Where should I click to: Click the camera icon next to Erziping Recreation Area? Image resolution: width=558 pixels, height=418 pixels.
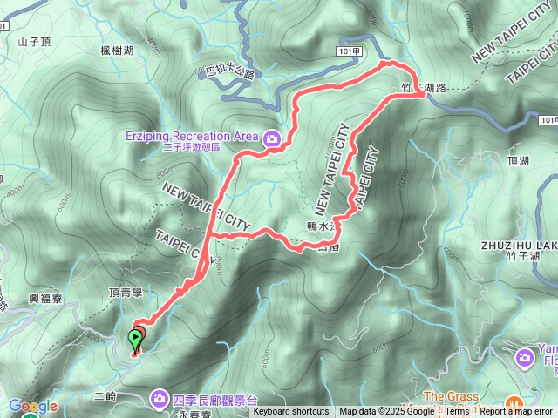click(x=272, y=138)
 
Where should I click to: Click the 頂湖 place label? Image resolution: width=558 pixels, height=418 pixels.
click(x=517, y=161)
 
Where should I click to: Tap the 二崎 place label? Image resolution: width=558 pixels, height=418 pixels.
click(x=104, y=396)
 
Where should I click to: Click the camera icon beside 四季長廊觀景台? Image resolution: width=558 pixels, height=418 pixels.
click(x=160, y=399)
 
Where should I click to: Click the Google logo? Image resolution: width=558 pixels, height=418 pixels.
click(x=33, y=406)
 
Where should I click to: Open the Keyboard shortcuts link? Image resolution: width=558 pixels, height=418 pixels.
click(x=291, y=412)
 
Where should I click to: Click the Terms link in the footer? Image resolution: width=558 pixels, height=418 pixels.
click(x=457, y=412)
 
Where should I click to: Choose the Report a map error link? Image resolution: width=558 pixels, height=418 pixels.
click(x=517, y=412)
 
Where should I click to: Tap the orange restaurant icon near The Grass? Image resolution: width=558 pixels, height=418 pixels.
click(x=515, y=405)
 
